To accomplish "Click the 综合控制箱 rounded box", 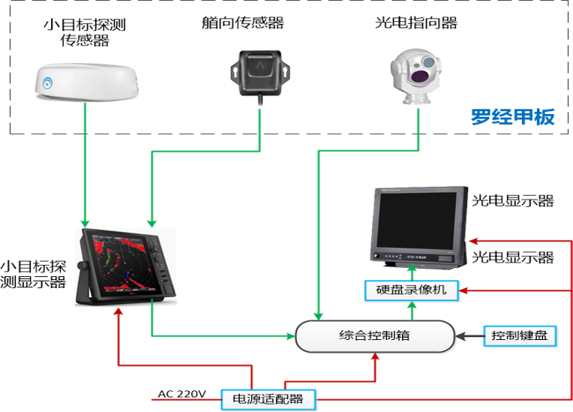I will click(x=375, y=335).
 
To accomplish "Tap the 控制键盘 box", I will click(x=520, y=335).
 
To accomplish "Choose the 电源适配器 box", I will click(x=268, y=399).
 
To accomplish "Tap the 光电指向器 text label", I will click(x=415, y=23).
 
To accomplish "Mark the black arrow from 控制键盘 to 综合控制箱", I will click(x=469, y=335).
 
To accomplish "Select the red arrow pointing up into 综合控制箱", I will click(x=375, y=364).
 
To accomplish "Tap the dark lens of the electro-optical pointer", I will click(x=425, y=74).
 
